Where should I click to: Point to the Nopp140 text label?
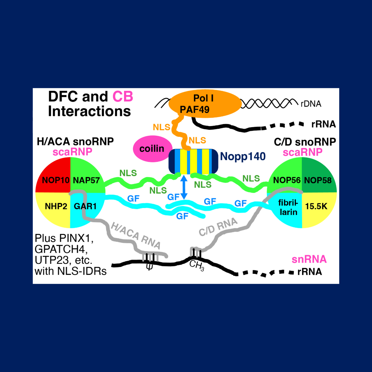pos(243,156)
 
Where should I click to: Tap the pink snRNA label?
pos(308,259)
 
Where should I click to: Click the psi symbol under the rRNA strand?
pos(149,266)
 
